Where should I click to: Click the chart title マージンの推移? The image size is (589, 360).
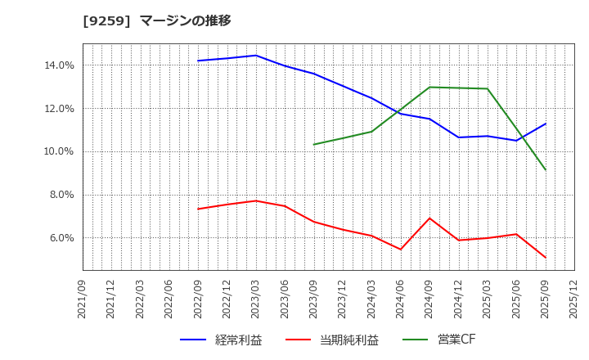[185, 20]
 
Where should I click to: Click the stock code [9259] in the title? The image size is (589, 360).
[106, 20]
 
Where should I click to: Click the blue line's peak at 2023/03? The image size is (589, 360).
[256, 56]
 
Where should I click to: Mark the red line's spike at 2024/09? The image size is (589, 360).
[429, 218]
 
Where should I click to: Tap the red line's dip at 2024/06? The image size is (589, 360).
[401, 250]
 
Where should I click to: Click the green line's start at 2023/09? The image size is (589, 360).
[314, 145]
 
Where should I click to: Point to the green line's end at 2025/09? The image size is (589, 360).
[546, 170]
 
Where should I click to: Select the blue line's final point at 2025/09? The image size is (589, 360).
[546, 124]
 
